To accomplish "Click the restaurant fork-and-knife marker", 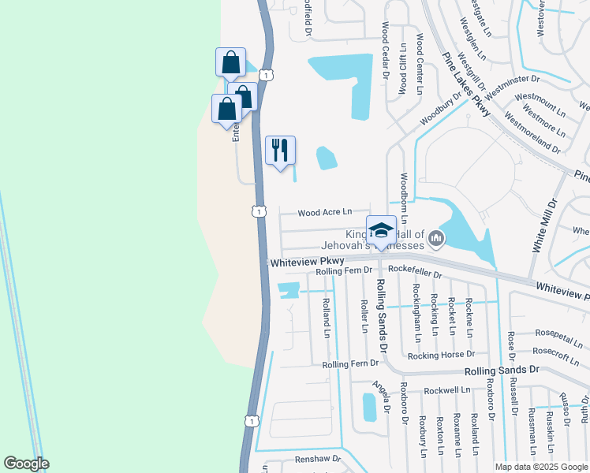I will (280, 150).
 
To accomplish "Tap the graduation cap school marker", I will (381, 230).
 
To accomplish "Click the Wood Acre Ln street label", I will (324, 213).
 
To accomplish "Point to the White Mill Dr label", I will (543, 225).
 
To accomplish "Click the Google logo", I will (26, 464).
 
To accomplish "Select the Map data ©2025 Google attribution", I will (540, 467).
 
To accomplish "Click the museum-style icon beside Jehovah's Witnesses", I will (435, 237).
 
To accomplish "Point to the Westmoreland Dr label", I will (532, 135).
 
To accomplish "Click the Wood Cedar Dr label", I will (386, 50).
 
